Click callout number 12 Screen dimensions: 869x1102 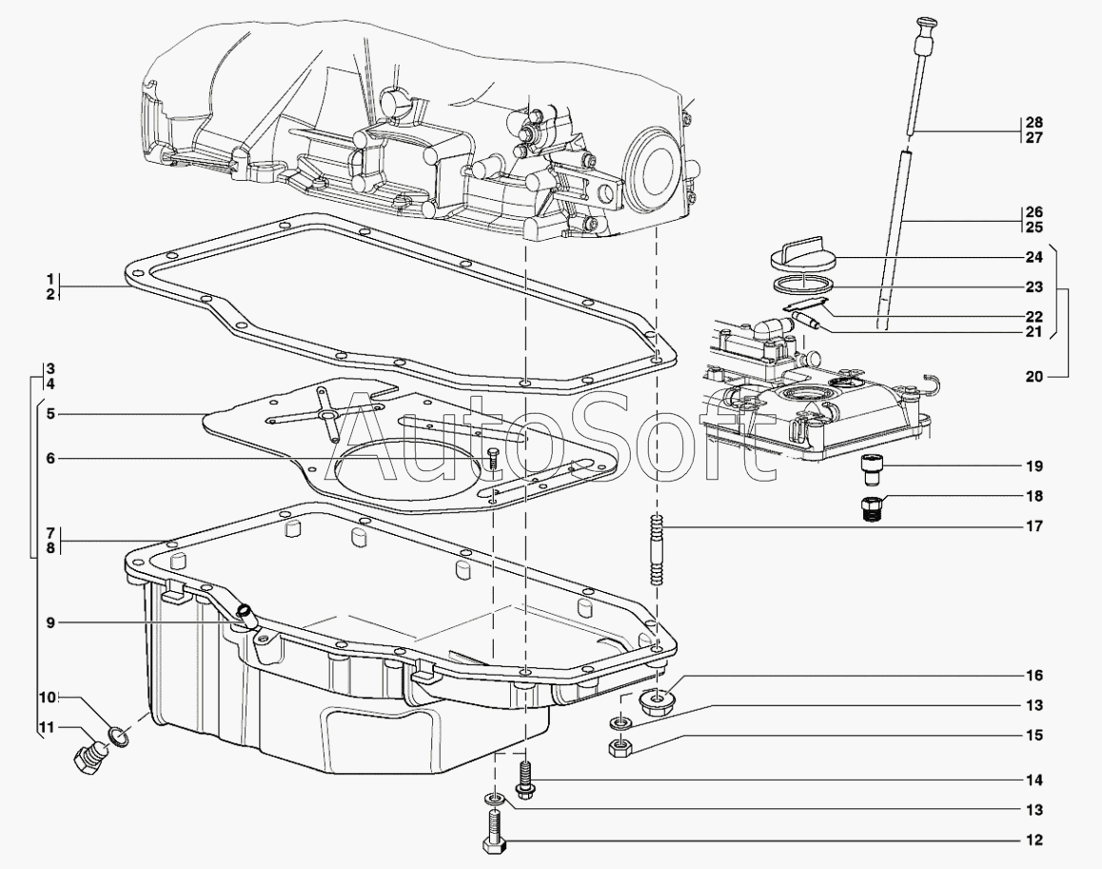click(1034, 840)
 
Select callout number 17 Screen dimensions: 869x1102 click(1034, 525)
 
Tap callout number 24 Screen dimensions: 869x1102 click(1034, 256)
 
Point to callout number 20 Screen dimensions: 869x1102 click(1034, 377)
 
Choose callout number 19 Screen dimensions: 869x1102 click(1034, 466)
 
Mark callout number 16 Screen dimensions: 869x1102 click(1034, 676)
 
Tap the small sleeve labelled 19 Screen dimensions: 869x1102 click(869, 470)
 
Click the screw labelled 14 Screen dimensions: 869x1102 click(524, 778)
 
